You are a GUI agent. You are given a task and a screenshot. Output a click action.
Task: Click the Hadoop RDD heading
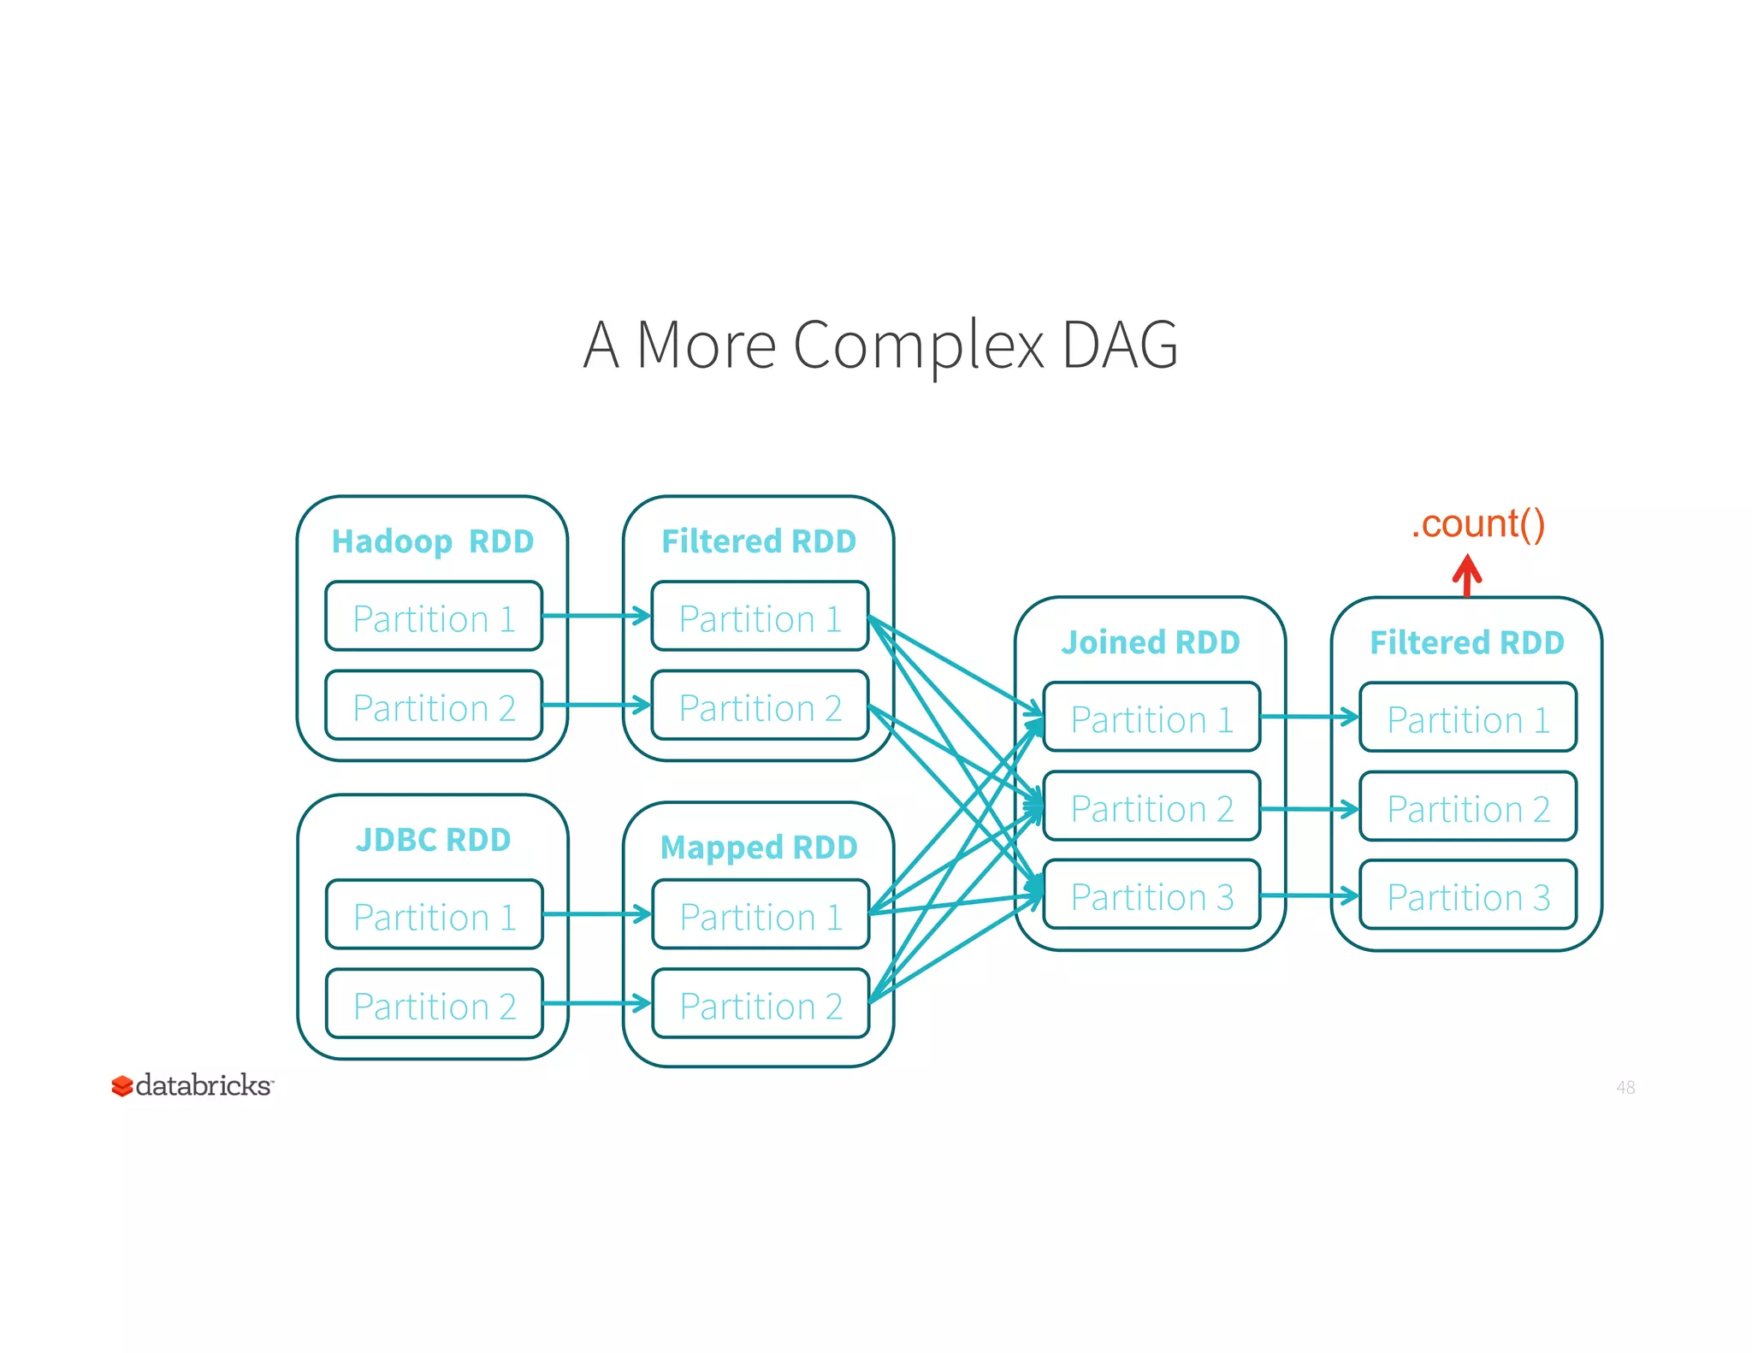coord(432,541)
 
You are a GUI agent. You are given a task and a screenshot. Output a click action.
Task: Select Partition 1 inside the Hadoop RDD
coord(434,617)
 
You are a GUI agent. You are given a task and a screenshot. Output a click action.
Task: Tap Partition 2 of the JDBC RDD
coord(435,1005)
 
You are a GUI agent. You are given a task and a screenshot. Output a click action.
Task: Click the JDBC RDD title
coord(433,840)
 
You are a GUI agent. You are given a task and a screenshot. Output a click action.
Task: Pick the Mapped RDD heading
coord(759,848)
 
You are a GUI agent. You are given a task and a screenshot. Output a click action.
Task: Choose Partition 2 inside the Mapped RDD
coord(761,1005)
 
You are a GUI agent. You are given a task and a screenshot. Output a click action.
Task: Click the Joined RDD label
coord(1151,642)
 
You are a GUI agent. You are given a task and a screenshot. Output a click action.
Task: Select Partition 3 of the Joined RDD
coord(1151,896)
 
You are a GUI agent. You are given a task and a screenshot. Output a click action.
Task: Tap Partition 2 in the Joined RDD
coord(1151,807)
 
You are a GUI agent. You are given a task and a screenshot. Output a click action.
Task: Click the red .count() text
coord(1477,523)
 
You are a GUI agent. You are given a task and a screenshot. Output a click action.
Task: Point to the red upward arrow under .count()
coord(1467,575)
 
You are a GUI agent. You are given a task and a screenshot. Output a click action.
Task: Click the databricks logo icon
coord(122,1086)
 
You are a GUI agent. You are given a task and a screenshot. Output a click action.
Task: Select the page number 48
coord(1625,1087)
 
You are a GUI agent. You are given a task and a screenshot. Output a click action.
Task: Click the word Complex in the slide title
coord(919,346)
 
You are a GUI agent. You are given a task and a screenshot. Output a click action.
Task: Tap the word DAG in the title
coord(1120,346)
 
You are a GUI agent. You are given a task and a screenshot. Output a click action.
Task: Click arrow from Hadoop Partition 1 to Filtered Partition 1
coord(596,616)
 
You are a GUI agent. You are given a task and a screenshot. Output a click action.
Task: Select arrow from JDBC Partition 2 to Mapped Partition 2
coord(596,1003)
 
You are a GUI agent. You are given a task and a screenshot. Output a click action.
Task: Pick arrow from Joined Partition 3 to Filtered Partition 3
coord(1309,895)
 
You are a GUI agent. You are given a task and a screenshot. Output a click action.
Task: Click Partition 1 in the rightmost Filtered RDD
coord(1468,718)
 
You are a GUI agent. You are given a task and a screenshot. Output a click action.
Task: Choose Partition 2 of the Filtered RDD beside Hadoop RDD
coord(760,706)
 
